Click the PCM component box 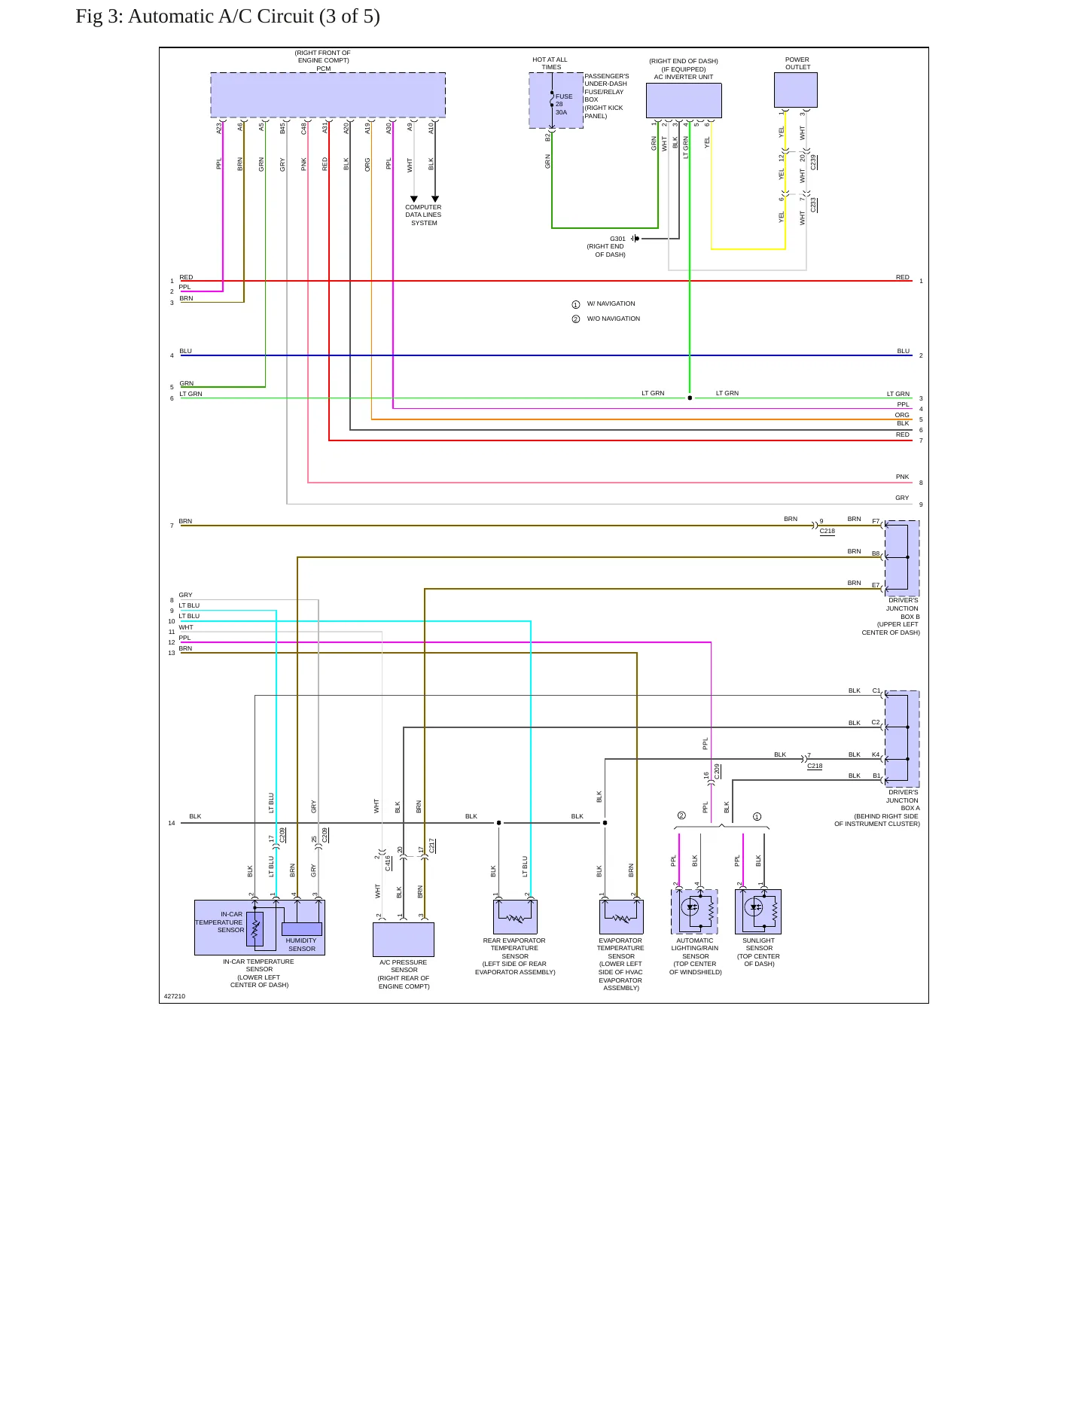pyautogui.click(x=328, y=95)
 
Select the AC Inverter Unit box pyautogui.click(x=684, y=100)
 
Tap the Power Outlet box pyautogui.click(x=796, y=90)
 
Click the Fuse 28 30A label pyautogui.click(x=564, y=104)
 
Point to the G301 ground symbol pyautogui.click(x=635, y=239)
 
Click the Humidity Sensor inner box pyautogui.click(x=302, y=929)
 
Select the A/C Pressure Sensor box pyautogui.click(x=404, y=940)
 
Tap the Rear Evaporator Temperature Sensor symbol pyautogui.click(x=515, y=917)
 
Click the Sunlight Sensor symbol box pyautogui.click(x=758, y=912)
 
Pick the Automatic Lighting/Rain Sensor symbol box pyautogui.click(x=694, y=912)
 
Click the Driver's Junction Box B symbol pyautogui.click(x=902, y=558)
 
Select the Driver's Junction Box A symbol pyautogui.click(x=902, y=739)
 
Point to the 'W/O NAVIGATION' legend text pyautogui.click(x=614, y=318)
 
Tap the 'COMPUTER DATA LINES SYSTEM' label pyautogui.click(x=423, y=215)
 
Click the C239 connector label pyautogui.click(x=813, y=162)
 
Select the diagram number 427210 pyautogui.click(x=175, y=996)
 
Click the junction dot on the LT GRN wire pyautogui.click(x=690, y=398)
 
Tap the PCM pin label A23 pyautogui.click(x=219, y=129)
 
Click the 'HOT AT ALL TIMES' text pyautogui.click(x=550, y=63)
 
